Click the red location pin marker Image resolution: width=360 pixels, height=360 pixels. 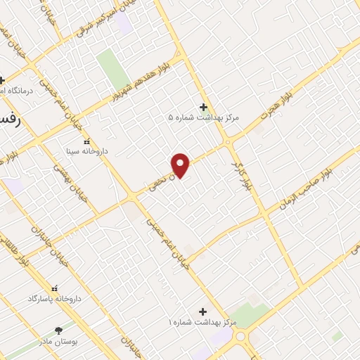[181, 165]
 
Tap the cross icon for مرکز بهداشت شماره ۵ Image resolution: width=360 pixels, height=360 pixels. [203, 107]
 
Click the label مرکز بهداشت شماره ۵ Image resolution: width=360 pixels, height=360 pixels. [203, 118]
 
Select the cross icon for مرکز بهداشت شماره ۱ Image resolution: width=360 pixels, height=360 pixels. [203, 311]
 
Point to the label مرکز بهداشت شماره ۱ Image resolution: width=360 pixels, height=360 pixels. [202, 322]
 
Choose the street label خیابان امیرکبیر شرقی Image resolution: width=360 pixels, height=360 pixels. [86, 19]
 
